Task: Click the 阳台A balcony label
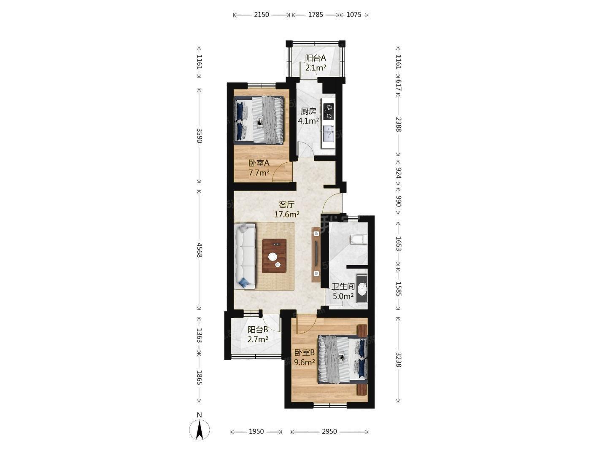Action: (316, 58)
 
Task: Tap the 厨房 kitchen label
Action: (308, 111)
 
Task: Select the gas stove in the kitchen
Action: (329, 111)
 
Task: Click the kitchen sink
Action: (329, 133)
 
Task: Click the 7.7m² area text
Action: (259, 172)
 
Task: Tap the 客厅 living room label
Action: (286, 204)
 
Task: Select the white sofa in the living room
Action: (245, 256)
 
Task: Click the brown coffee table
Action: (274, 256)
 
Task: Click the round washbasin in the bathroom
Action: (362, 289)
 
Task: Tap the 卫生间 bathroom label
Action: (343, 287)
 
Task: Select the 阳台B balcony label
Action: (258, 330)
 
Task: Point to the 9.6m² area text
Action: (305, 362)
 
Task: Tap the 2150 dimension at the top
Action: (262, 15)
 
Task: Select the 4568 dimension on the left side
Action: (199, 250)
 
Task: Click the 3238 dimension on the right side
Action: (399, 360)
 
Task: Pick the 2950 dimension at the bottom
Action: (329, 432)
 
